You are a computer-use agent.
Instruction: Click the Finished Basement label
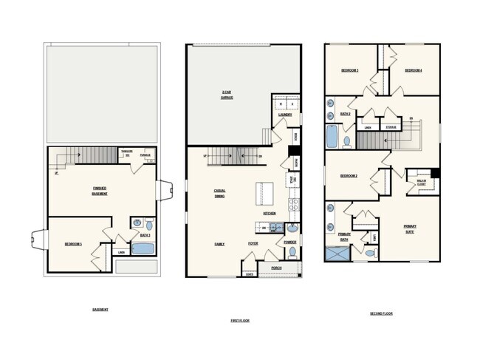(99, 191)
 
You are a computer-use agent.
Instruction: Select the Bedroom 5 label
(73, 243)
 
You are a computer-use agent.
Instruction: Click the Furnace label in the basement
(145, 155)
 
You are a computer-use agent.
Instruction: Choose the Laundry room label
(285, 115)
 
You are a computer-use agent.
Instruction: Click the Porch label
(276, 268)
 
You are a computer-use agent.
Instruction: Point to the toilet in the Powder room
(292, 251)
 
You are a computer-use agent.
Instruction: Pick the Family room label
(219, 243)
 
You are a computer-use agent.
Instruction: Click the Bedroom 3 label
(349, 70)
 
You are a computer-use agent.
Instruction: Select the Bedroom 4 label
(413, 70)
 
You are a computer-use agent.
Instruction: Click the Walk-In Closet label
(420, 183)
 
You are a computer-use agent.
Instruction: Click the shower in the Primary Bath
(337, 253)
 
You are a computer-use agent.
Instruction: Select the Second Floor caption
(381, 313)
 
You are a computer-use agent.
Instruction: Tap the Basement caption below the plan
(100, 309)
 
